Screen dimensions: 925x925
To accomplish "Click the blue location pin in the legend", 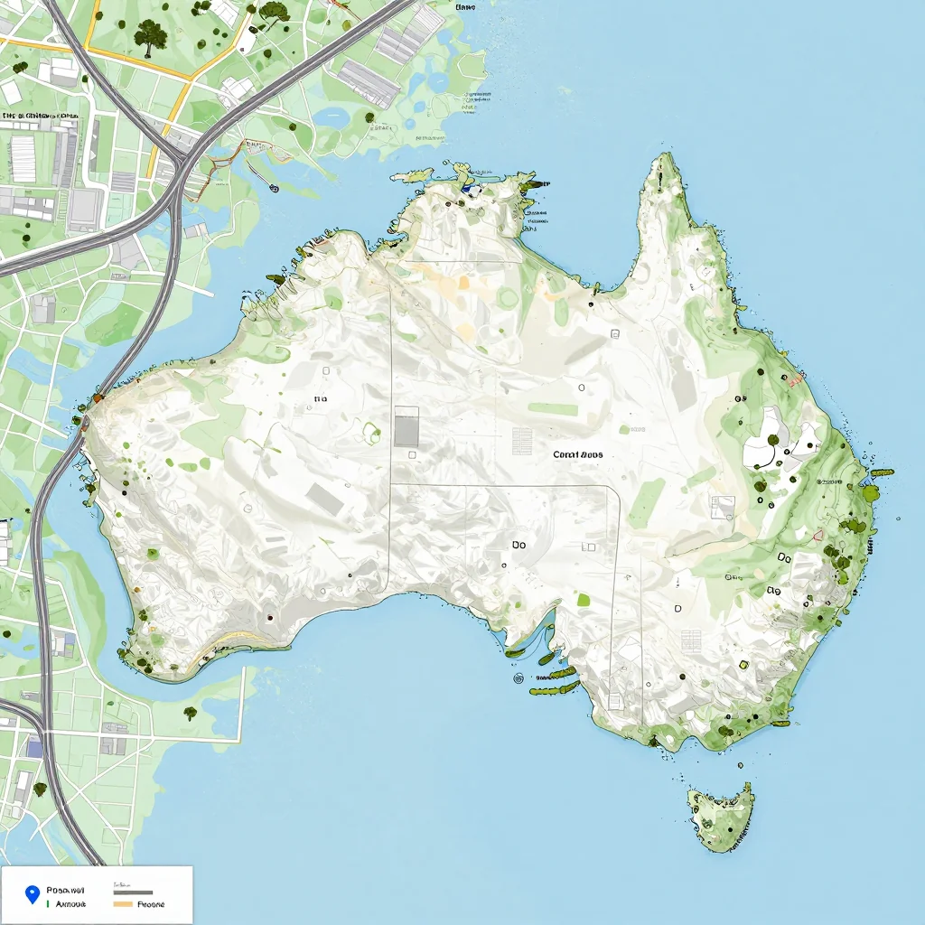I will pos(33,894).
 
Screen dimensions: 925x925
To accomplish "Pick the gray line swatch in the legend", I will pos(133,892).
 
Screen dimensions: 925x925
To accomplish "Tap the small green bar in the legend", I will pos(46,903).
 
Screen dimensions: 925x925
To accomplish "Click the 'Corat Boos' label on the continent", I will pos(578,454).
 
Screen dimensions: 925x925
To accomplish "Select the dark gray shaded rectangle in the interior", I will pos(406,426).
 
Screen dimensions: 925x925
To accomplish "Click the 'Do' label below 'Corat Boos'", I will pos(519,545).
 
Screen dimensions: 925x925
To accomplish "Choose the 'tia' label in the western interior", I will pos(320,398).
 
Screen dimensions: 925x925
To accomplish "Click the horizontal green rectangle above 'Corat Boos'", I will pos(553,409).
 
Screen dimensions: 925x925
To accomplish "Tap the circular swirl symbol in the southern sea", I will pos(519,677).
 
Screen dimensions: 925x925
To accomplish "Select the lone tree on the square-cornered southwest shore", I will pos(190,713).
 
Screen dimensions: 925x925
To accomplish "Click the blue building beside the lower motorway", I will pos(34,746).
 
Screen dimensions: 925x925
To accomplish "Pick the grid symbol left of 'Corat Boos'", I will pos(522,441).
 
